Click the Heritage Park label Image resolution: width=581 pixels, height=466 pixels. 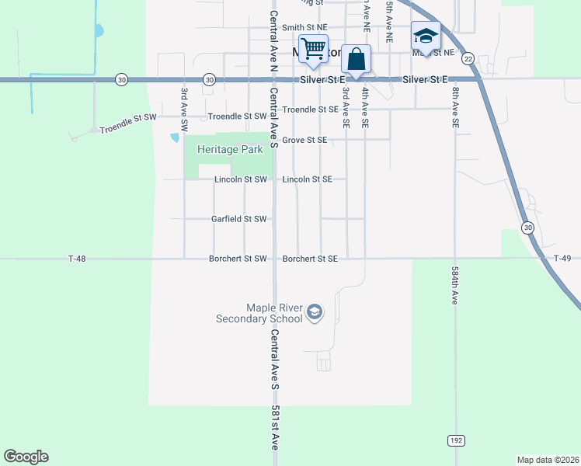(230, 150)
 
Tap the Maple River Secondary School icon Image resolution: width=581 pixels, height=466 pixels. (315, 312)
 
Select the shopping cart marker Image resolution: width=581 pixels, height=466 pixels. (313, 50)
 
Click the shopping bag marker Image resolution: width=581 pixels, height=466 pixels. (356, 59)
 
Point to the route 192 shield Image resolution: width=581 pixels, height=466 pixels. (456, 440)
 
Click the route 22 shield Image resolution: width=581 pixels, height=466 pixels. (468, 58)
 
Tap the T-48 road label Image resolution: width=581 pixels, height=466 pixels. (76, 259)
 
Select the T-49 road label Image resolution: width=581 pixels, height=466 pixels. (562, 259)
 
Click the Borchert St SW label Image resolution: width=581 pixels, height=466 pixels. (238, 259)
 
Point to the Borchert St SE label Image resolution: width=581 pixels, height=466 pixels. (310, 259)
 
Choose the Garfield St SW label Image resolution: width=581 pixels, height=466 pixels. (239, 219)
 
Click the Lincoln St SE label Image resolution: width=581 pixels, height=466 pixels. (308, 179)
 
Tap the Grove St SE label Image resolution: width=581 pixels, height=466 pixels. (304, 141)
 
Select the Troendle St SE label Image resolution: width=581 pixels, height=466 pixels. (310, 110)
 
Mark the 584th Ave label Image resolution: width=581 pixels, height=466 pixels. (454, 286)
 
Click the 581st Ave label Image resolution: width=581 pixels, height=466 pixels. (275, 428)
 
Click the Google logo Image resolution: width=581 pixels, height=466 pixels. (26, 457)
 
